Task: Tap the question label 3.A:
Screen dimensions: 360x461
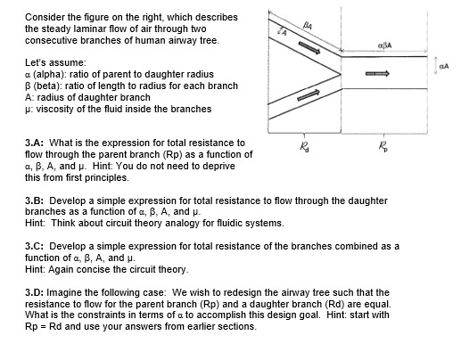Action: (37, 143)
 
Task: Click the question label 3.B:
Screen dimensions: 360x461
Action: (37, 200)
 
